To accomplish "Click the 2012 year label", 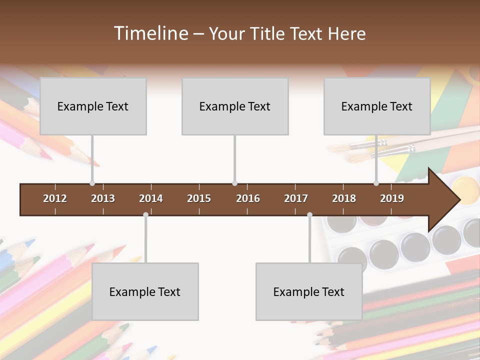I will click(x=55, y=198).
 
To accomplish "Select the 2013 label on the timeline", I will click(x=103, y=198).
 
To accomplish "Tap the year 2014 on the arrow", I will click(x=151, y=198).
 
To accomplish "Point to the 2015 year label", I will click(x=199, y=198).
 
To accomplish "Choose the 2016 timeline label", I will click(x=248, y=198).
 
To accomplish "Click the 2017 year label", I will click(x=296, y=198).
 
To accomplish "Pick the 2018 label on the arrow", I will click(x=344, y=198).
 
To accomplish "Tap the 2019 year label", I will click(x=392, y=198).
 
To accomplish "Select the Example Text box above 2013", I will click(x=93, y=106).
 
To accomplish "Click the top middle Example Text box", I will click(x=235, y=106).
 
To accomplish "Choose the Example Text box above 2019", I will click(x=377, y=106).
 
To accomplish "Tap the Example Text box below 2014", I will click(x=145, y=291).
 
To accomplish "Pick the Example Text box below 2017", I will click(x=309, y=291).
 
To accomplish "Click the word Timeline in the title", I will click(x=150, y=33).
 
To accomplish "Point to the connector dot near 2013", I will click(x=92, y=183).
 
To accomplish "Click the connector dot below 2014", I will click(x=145, y=215).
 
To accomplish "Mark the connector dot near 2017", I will click(x=309, y=215).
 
